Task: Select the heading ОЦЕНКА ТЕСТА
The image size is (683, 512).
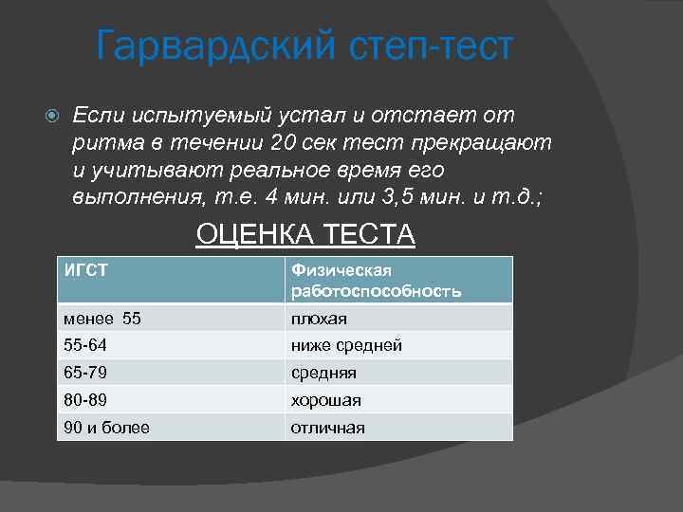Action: click(305, 233)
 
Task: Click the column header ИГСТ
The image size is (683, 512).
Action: click(85, 270)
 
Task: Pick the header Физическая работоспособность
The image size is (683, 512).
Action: click(376, 281)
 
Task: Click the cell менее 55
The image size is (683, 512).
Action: click(102, 319)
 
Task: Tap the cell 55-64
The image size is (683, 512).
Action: click(84, 345)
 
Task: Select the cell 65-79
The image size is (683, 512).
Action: click(84, 373)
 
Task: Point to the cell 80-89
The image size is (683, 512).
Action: click(84, 400)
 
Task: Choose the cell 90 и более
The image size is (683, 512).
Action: click(106, 428)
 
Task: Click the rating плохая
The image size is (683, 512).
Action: click(319, 319)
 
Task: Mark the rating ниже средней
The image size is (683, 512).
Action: click(346, 345)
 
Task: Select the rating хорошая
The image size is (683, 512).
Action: click(325, 400)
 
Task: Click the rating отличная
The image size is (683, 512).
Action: click(327, 428)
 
